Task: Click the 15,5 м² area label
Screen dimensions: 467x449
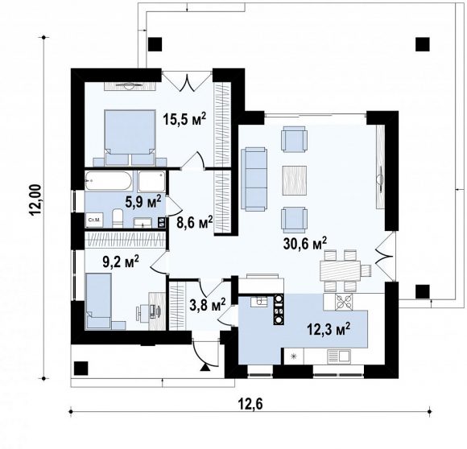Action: [184, 119]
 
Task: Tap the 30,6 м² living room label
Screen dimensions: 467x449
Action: [305, 243]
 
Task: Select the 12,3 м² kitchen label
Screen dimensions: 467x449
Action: [329, 329]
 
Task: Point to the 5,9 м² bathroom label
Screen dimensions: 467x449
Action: [143, 202]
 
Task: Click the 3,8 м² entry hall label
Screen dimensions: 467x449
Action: [207, 305]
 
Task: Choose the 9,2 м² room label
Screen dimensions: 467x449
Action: [120, 262]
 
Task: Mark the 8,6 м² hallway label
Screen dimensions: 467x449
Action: [195, 222]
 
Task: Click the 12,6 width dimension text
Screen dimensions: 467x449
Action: [250, 405]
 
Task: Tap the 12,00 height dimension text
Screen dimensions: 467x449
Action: [35, 200]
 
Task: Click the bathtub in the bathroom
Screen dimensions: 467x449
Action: [108, 180]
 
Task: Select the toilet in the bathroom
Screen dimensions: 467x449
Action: [118, 218]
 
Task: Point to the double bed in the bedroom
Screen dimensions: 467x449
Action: [130, 138]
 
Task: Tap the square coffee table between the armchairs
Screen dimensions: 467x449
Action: [295, 180]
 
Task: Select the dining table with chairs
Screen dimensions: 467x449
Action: [345, 270]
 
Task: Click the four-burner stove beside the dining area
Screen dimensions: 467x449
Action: [344, 302]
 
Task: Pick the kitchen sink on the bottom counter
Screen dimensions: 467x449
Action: [339, 356]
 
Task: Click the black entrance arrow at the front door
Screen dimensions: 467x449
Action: [205, 368]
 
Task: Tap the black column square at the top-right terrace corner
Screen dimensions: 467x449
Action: [423, 44]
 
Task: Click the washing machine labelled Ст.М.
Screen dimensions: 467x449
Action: [95, 220]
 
